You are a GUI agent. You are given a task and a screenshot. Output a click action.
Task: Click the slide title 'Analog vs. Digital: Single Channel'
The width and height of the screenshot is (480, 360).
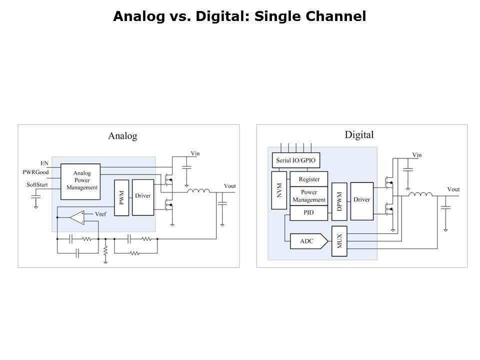click(x=239, y=16)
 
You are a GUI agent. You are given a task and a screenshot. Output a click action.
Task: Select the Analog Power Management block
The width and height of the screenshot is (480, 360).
click(x=80, y=180)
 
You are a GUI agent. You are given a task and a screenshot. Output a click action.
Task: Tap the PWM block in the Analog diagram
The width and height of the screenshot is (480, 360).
click(x=121, y=197)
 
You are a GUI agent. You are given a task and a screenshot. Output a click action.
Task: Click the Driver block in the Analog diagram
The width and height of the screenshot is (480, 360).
click(x=143, y=196)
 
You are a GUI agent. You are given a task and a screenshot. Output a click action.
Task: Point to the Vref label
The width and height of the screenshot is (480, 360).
click(x=100, y=214)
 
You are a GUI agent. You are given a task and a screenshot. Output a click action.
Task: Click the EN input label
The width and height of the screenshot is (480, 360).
click(x=44, y=163)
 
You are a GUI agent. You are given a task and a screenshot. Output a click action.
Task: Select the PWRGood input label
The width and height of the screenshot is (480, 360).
click(x=35, y=172)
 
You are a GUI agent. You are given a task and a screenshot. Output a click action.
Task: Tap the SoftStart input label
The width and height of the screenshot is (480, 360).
click(x=37, y=185)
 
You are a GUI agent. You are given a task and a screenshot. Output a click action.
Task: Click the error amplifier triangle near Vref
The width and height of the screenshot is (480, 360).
click(x=77, y=217)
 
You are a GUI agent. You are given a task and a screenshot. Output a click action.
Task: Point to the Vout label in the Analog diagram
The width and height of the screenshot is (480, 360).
click(x=229, y=186)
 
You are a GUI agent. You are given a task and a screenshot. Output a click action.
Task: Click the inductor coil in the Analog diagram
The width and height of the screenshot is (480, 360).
click(x=198, y=190)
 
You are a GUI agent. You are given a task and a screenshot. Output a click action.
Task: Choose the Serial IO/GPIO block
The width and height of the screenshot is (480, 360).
click(x=295, y=160)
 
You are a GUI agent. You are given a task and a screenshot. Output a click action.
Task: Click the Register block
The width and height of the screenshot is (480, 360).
click(x=309, y=179)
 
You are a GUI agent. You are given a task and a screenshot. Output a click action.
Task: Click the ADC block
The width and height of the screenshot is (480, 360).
click(x=307, y=241)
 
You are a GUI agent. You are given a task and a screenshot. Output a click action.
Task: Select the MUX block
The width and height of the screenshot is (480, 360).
click(x=339, y=241)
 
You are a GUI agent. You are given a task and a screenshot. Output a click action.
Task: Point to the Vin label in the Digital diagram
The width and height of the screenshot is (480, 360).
click(x=416, y=155)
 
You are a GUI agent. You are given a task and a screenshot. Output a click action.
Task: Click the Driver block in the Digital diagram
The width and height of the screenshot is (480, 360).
click(x=361, y=200)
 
